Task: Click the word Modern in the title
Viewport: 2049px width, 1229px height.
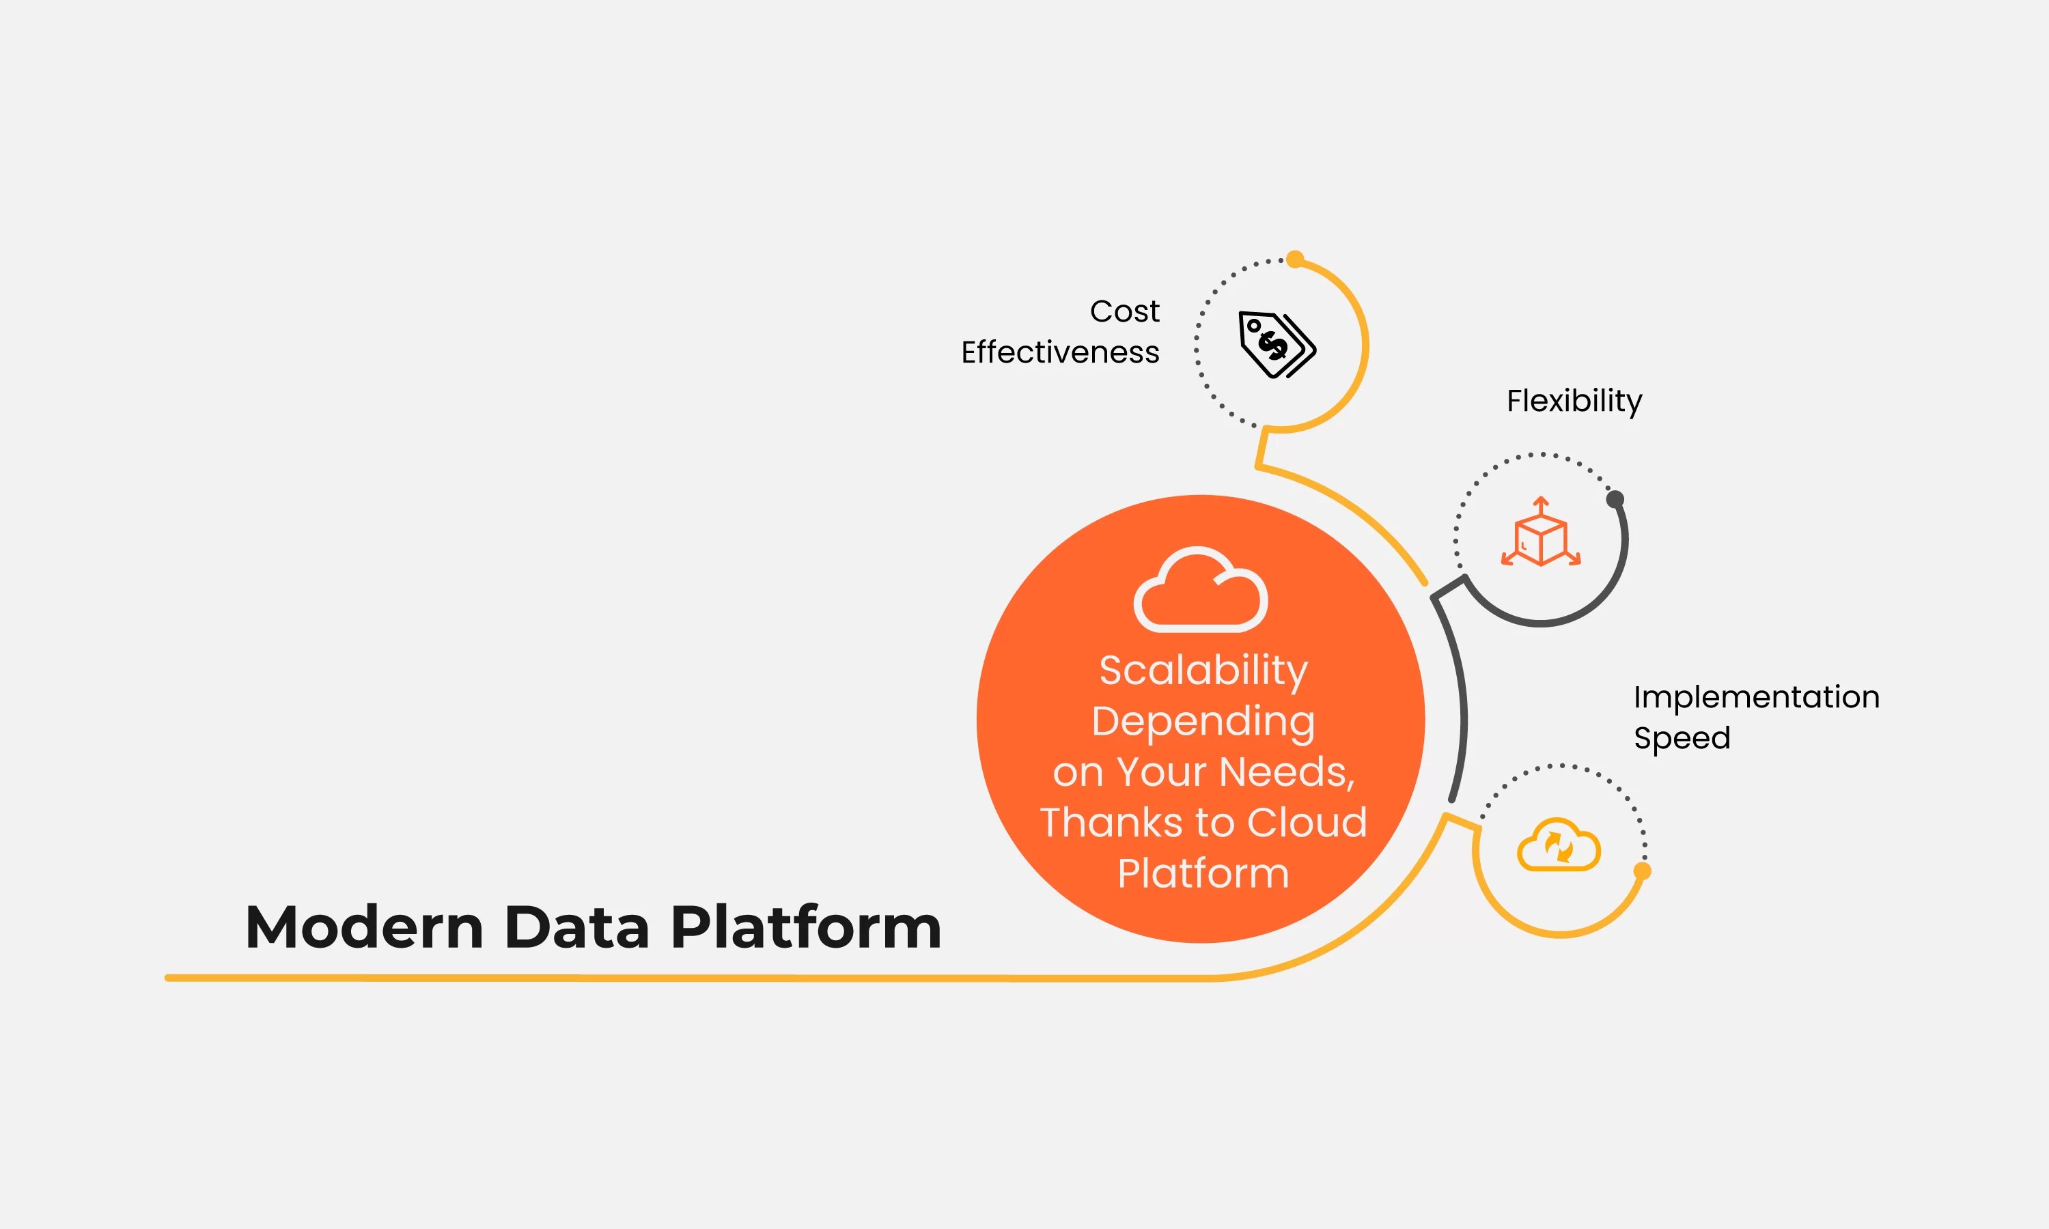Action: (365, 927)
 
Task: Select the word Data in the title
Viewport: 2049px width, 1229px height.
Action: (576, 927)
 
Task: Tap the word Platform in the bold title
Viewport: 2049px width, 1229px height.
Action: (805, 927)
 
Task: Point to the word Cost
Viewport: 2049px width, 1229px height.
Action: (1124, 311)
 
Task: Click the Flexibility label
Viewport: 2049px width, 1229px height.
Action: (1574, 401)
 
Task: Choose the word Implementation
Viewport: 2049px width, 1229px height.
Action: (1756, 697)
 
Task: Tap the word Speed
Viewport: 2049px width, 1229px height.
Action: (1682, 738)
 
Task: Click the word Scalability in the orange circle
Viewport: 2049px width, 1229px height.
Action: (1203, 670)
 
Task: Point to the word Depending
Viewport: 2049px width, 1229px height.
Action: (1203, 721)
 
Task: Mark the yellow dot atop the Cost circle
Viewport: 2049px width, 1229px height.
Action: (1296, 259)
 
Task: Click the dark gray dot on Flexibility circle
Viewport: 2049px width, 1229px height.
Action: (1615, 499)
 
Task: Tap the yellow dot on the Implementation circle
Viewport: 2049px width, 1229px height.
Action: (1643, 871)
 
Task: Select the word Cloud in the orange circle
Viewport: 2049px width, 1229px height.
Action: (1307, 822)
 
